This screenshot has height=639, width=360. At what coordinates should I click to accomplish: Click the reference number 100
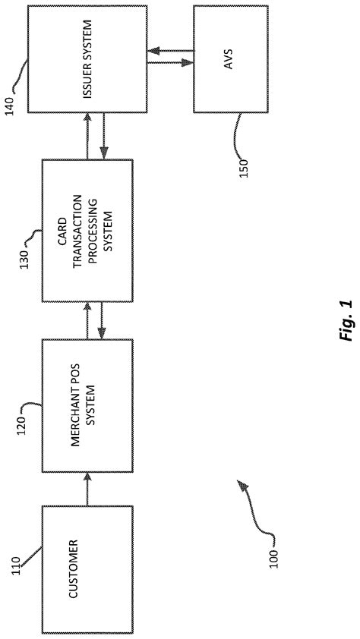(274, 558)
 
